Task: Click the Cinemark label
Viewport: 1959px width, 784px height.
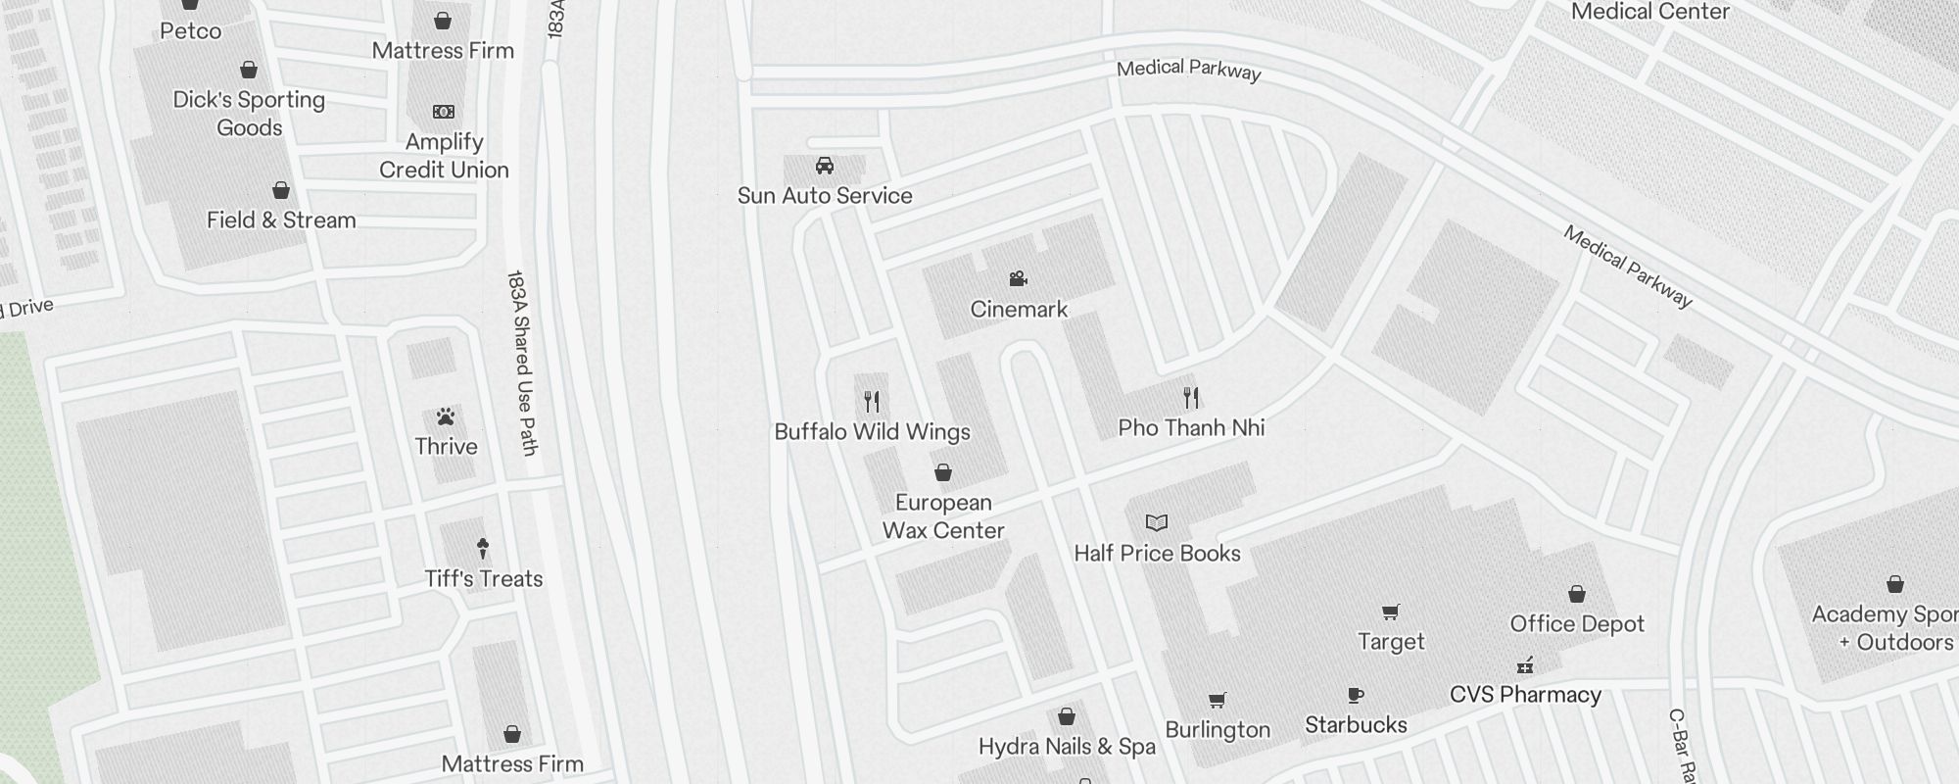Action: (x=1019, y=310)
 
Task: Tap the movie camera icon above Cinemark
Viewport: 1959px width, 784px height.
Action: (x=1019, y=279)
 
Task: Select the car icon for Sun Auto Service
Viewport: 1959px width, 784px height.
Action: (x=825, y=166)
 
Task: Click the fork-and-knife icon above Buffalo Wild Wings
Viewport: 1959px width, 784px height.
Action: (x=872, y=401)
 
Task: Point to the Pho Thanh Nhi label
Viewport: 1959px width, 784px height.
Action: (x=1191, y=428)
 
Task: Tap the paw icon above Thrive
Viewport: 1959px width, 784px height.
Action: (x=446, y=417)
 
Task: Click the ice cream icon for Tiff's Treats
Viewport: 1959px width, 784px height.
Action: (x=483, y=548)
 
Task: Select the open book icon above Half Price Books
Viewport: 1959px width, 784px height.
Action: (x=1157, y=523)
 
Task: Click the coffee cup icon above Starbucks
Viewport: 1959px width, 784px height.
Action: (x=1356, y=696)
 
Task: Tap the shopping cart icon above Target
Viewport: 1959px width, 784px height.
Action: (x=1390, y=612)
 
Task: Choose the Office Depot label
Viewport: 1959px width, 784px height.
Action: (x=1577, y=624)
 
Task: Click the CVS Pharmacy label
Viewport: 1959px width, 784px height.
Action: (x=1525, y=695)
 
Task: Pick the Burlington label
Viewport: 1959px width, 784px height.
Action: (x=1218, y=730)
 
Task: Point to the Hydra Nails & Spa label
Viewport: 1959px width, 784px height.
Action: (x=1067, y=747)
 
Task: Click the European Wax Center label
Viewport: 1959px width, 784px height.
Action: (x=943, y=516)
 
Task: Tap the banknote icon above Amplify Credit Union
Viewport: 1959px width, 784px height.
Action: (x=444, y=112)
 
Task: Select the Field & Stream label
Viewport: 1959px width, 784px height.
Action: (x=281, y=220)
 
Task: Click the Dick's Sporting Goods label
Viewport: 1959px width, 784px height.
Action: (x=249, y=114)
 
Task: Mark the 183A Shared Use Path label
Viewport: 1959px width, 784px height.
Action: (x=523, y=363)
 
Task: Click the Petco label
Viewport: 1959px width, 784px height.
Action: (x=190, y=31)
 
